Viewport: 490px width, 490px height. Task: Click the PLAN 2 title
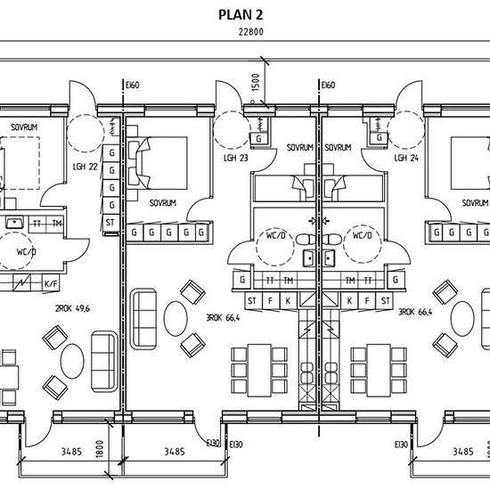click(x=241, y=15)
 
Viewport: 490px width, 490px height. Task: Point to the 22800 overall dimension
click(x=251, y=32)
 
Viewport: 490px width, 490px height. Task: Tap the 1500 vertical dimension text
click(x=256, y=83)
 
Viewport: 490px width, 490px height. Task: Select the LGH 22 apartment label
click(x=85, y=167)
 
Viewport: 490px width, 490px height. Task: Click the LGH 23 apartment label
click(x=236, y=158)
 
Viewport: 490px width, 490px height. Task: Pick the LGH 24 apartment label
click(x=406, y=158)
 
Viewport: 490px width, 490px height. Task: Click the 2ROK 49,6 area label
click(x=72, y=309)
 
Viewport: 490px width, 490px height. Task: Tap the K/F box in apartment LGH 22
click(x=51, y=283)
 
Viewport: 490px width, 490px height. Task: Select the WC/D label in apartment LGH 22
click(x=26, y=251)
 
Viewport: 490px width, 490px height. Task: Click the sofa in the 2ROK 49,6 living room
click(x=104, y=361)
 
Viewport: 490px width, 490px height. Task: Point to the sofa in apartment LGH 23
click(x=143, y=319)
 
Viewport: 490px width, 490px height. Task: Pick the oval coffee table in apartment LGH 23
click(x=176, y=319)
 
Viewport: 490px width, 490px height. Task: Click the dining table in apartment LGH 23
click(x=259, y=371)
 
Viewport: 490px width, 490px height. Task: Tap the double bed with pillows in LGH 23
click(x=158, y=163)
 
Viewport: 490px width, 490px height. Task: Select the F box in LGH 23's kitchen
click(x=270, y=301)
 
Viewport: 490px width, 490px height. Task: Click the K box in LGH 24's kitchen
click(x=350, y=301)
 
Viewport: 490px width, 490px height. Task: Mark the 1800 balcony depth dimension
click(x=100, y=449)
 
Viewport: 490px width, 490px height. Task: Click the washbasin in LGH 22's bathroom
click(x=14, y=223)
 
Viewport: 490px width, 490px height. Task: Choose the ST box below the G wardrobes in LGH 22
click(x=110, y=223)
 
